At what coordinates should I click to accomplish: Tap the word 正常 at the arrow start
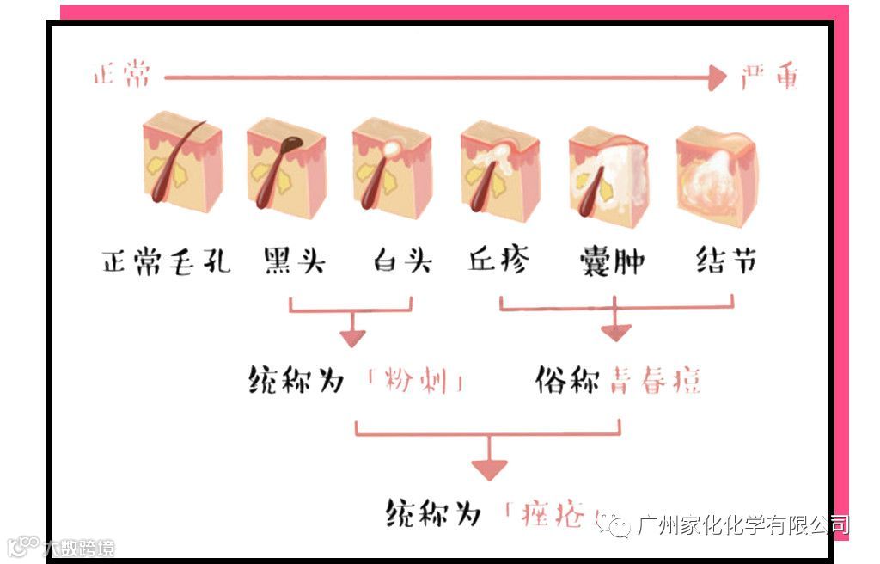[x=122, y=76]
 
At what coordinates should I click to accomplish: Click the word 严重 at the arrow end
[x=771, y=77]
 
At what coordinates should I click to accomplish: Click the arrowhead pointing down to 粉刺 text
[x=351, y=338]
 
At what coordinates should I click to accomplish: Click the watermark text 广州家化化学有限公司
[x=742, y=524]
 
